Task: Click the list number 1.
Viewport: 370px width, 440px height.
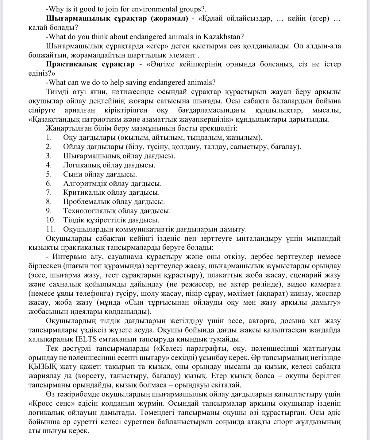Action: [x=48, y=138]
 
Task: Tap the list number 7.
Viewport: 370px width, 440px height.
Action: [x=49, y=193]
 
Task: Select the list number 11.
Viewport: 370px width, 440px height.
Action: [x=50, y=229]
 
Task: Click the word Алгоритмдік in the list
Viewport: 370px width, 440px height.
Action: [x=82, y=184]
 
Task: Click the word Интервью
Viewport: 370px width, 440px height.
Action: [x=69, y=257]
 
